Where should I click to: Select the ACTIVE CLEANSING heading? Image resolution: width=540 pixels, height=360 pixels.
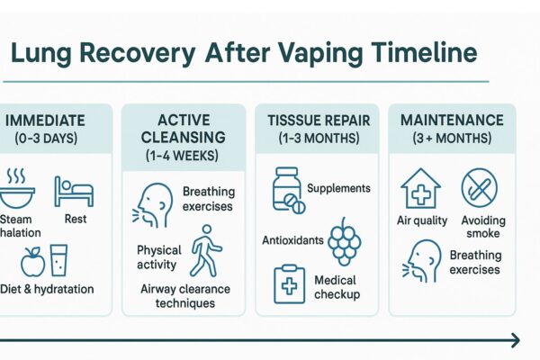coord(184,129)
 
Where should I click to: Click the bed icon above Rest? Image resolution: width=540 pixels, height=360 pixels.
coord(73,191)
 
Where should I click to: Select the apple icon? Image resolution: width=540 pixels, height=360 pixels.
coord(32,260)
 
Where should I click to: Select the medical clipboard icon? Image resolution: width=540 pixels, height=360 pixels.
coord(289,283)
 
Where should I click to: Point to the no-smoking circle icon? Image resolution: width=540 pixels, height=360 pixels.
coord(479,189)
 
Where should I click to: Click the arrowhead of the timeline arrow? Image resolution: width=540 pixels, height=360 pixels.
coord(514,340)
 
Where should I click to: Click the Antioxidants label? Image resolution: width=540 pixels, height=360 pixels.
coord(290,239)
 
